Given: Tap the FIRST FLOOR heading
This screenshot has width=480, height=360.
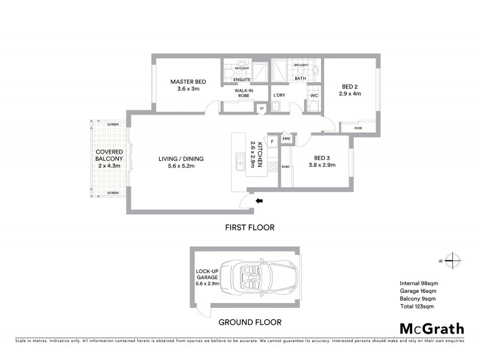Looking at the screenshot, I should [x=250, y=227].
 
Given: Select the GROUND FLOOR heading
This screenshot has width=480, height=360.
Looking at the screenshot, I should [x=250, y=322].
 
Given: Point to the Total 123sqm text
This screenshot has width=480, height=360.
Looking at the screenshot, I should [x=416, y=307].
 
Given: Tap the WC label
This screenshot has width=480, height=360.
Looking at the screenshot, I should [x=314, y=95].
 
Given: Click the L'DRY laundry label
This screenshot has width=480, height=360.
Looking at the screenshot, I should [x=279, y=95].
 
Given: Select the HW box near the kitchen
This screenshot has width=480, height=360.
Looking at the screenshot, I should [x=286, y=139].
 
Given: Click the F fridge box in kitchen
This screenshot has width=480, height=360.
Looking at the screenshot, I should [x=272, y=141].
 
